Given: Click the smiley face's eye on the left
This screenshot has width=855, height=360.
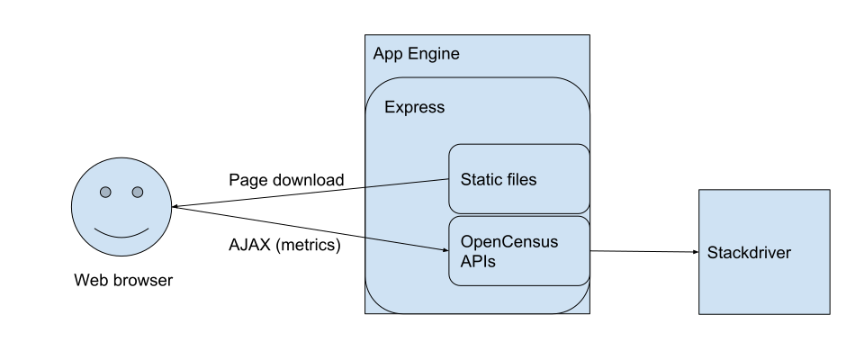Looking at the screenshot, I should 105,192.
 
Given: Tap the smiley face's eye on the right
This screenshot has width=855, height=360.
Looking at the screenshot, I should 138,192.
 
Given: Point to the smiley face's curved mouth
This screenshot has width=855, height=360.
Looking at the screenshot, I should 121,233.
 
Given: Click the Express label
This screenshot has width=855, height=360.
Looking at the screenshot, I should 414,107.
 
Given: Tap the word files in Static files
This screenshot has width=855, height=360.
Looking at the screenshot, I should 522,179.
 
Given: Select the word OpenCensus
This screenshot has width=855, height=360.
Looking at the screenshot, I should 509,242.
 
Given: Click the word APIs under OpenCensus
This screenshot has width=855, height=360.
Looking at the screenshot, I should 478,262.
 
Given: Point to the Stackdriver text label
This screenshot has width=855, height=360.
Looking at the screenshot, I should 749,253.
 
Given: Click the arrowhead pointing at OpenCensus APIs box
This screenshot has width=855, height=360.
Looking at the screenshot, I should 445,249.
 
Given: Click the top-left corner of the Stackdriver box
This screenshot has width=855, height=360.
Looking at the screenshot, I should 700,191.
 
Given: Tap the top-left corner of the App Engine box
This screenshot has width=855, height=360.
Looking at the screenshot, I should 366,36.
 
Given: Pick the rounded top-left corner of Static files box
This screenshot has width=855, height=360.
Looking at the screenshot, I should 454,148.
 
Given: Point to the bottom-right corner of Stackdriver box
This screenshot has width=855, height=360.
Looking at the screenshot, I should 828,312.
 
